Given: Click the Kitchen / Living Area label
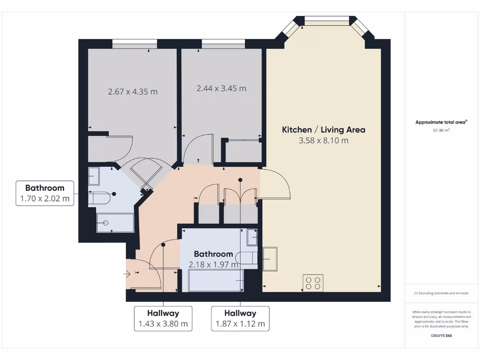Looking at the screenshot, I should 323,130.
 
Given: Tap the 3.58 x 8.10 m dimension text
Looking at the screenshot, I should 323,141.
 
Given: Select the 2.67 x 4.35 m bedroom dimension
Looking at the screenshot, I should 133,92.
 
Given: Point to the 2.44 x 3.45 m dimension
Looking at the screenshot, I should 221,88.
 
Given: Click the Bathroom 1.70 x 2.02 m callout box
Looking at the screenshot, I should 45,193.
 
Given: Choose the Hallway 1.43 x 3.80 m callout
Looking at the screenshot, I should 163,319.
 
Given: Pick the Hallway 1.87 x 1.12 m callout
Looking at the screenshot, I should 240,319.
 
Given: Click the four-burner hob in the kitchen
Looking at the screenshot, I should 313,282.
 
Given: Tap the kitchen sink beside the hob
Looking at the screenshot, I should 270,259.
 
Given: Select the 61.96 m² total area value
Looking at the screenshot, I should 441,131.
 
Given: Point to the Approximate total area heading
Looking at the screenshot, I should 441,122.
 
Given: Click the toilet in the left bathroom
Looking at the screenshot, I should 99,198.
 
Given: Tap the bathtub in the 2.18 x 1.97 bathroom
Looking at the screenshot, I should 216,280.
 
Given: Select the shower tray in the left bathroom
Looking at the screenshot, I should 115,223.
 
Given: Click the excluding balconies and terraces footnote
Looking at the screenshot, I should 441,293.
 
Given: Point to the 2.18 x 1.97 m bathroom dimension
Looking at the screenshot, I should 213,264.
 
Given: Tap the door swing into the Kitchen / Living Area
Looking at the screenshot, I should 277,185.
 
